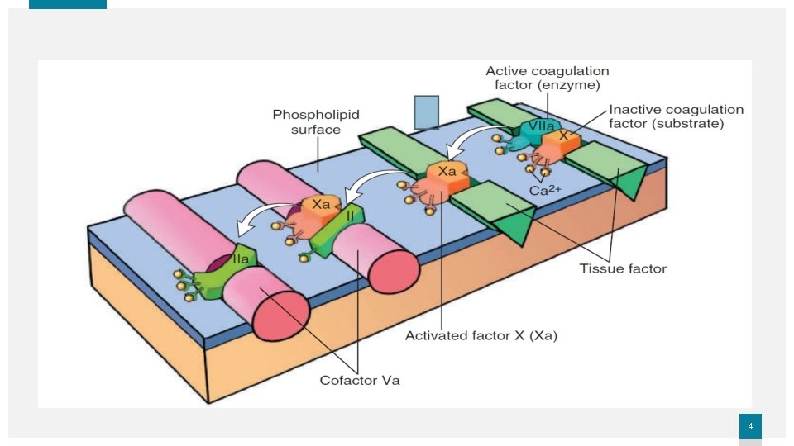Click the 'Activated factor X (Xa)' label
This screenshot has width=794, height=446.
(x=470, y=335)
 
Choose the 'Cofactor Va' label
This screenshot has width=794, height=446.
(x=360, y=381)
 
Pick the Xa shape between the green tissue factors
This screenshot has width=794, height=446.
(x=447, y=177)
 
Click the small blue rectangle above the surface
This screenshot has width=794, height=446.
(x=426, y=112)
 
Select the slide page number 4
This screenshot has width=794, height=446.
(x=750, y=425)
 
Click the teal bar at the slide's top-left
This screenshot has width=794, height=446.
(x=68, y=4)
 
